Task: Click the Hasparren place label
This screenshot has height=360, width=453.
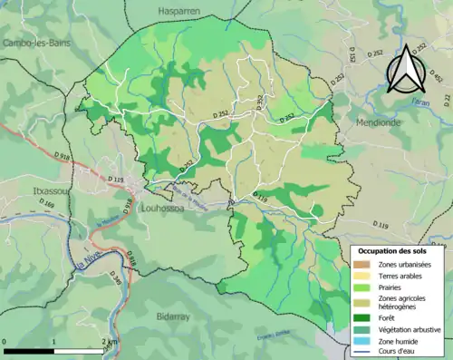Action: click(178, 12)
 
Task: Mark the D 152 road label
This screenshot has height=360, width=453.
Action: click(352, 55)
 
